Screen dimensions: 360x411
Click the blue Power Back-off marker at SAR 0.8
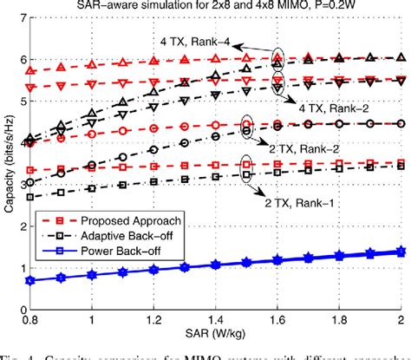(31, 281)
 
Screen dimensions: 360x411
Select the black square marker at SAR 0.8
(31, 197)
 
